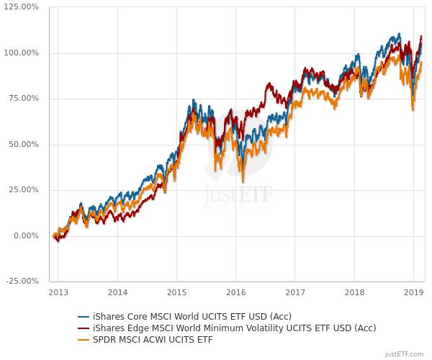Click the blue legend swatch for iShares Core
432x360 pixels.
click(84, 316)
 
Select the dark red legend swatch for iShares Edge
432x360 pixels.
click(84, 328)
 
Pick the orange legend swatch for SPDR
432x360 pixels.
click(84, 339)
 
